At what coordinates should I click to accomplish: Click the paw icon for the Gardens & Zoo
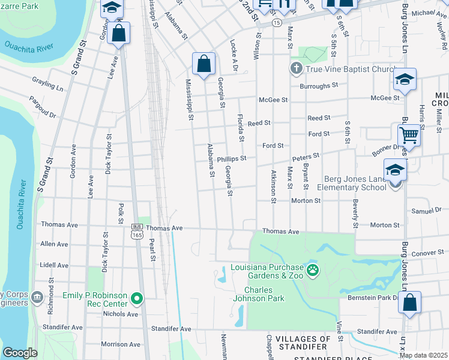point(312,271)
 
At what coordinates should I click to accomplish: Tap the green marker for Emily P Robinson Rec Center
point(137,298)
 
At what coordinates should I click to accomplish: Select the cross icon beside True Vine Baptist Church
point(296,68)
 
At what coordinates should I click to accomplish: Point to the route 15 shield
point(276,22)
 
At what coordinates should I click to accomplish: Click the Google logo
point(20,353)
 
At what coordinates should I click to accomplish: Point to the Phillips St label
point(232,159)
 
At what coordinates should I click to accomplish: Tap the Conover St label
point(428,253)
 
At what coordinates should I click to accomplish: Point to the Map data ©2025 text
point(423,355)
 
